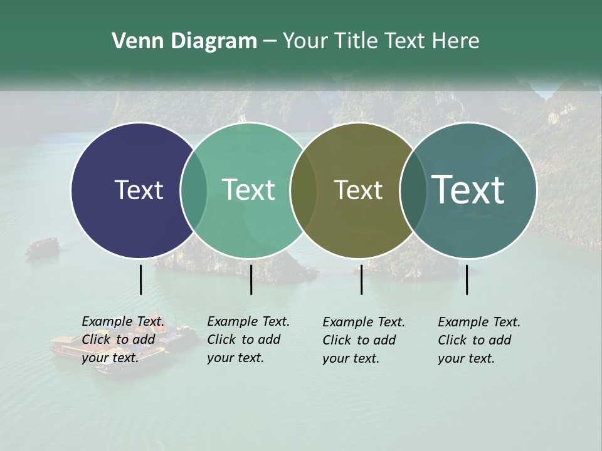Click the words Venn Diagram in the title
pos(184,41)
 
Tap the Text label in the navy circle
pos(139,190)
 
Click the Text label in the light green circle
pos(249,190)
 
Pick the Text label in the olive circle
pos(358,190)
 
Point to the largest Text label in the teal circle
pos(468,189)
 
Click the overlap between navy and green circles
pos(194,190)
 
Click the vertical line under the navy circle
pos(141,279)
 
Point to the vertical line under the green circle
pos(251,279)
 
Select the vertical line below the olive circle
pos(361,279)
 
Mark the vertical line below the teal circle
pos(467,279)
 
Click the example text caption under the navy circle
pos(123,340)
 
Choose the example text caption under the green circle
pos(248,340)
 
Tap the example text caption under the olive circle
pos(364,340)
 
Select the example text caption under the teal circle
pos(479,340)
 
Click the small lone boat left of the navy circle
pos(42,246)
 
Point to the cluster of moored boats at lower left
pos(119,348)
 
